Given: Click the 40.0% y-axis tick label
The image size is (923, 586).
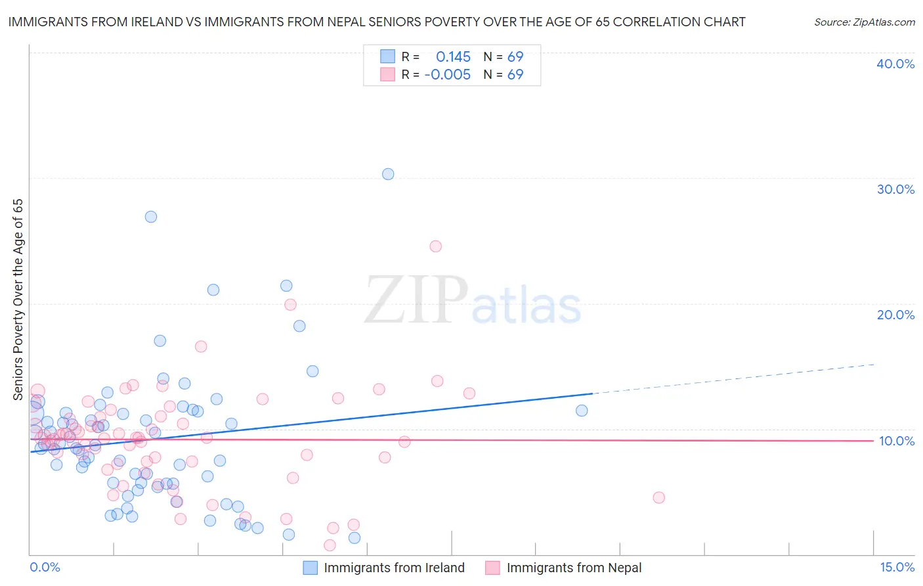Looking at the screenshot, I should tap(895, 64).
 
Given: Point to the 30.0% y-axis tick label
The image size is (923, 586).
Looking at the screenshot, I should tap(895, 189).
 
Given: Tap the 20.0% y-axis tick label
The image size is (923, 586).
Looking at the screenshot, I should tap(895, 315).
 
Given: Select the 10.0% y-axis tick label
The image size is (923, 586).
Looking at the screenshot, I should tap(897, 441).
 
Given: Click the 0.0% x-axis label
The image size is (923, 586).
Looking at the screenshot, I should tap(45, 567).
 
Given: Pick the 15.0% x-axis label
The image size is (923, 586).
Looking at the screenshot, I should tap(897, 567).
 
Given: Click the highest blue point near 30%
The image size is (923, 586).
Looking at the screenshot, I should tap(388, 174).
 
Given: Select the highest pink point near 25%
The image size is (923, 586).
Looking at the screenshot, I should tap(436, 246).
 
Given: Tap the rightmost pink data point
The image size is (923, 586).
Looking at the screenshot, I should tap(659, 497).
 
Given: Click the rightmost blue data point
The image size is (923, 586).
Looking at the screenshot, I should tap(582, 411).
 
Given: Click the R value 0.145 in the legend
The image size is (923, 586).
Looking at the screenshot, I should tap(453, 57).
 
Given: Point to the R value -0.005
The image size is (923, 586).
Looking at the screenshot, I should tap(448, 75).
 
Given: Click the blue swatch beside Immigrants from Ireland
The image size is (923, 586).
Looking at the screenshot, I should tap(311, 568).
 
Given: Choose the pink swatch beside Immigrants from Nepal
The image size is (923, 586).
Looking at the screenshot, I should tap(493, 568).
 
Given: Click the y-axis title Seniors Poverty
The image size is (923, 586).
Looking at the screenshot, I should tap(18, 299).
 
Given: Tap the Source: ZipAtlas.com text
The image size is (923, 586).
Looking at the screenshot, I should tap(864, 22).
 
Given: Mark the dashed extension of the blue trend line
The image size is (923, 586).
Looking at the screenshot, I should tap(735, 378).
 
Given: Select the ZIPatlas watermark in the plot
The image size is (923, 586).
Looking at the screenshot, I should tap(473, 301).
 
